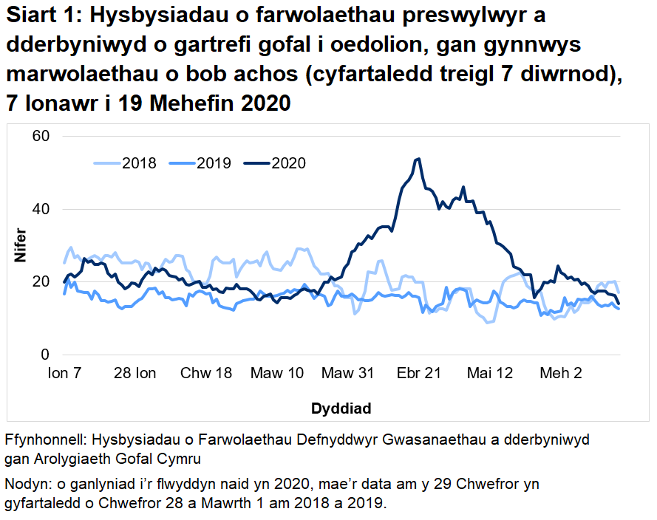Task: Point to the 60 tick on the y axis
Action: (x=40, y=136)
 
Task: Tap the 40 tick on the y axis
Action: (x=40, y=209)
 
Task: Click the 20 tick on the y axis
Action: (x=40, y=282)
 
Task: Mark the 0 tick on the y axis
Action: (x=44, y=355)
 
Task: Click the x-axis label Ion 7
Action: (x=64, y=374)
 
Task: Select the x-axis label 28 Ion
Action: (x=135, y=374)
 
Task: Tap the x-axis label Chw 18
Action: (x=206, y=374)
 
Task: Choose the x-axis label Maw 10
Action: (x=276, y=374)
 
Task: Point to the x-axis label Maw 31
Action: (x=347, y=374)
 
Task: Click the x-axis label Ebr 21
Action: (x=418, y=374)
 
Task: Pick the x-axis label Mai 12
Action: (x=489, y=374)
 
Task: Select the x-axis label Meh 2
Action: (x=560, y=374)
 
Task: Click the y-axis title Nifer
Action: (x=20, y=246)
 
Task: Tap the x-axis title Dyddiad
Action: (x=341, y=408)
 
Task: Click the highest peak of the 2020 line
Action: (x=418, y=159)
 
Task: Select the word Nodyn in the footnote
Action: (x=24, y=485)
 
